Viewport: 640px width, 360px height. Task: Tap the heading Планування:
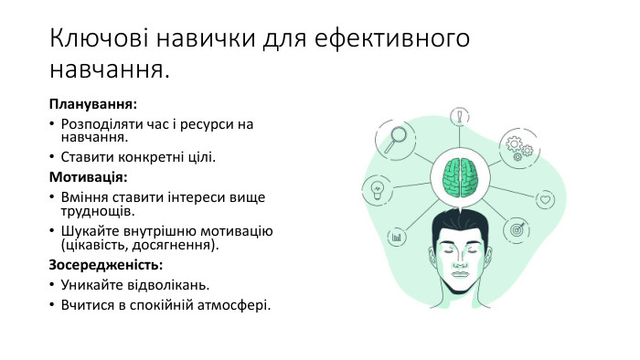click(93, 105)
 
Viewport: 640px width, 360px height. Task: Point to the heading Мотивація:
click(88, 176)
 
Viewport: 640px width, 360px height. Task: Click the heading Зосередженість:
click(106, 265)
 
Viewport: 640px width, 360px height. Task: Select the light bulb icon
click(376, 190)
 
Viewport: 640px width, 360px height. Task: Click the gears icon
click(519, 146)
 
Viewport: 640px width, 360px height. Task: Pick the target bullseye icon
click(517, 230)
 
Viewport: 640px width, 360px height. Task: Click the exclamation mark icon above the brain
click(456, 118)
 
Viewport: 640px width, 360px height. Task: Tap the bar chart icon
click(398, 237)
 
